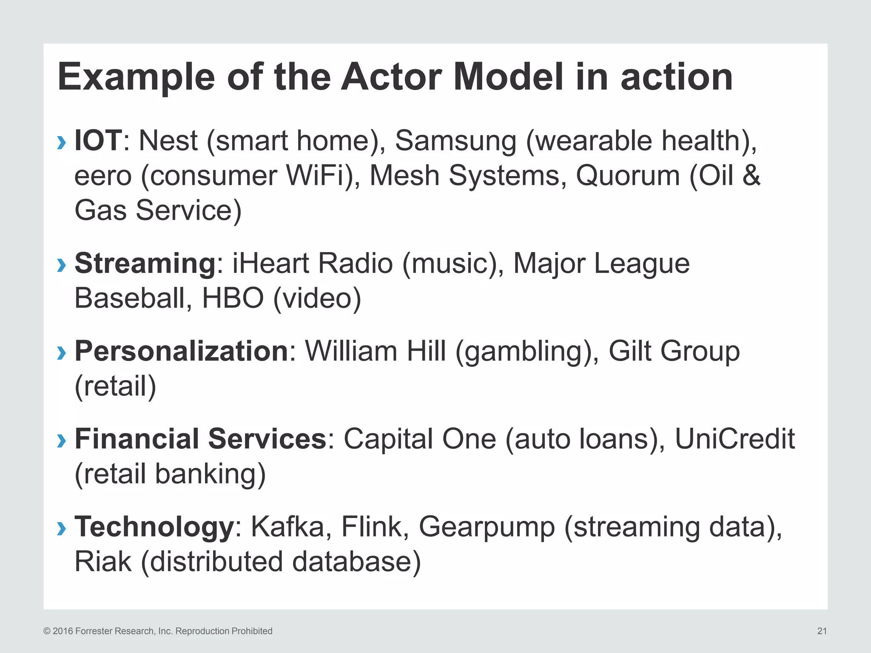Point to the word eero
(103, 176)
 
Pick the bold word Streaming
(145, 264)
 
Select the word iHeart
(270, 263)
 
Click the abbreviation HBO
(233, 298)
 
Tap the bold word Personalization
(182, 351)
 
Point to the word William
(351, 351)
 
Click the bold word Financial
(137, 439)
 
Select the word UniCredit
(734, 439)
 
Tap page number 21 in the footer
(822, 631)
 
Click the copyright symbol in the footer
(47, 631)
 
